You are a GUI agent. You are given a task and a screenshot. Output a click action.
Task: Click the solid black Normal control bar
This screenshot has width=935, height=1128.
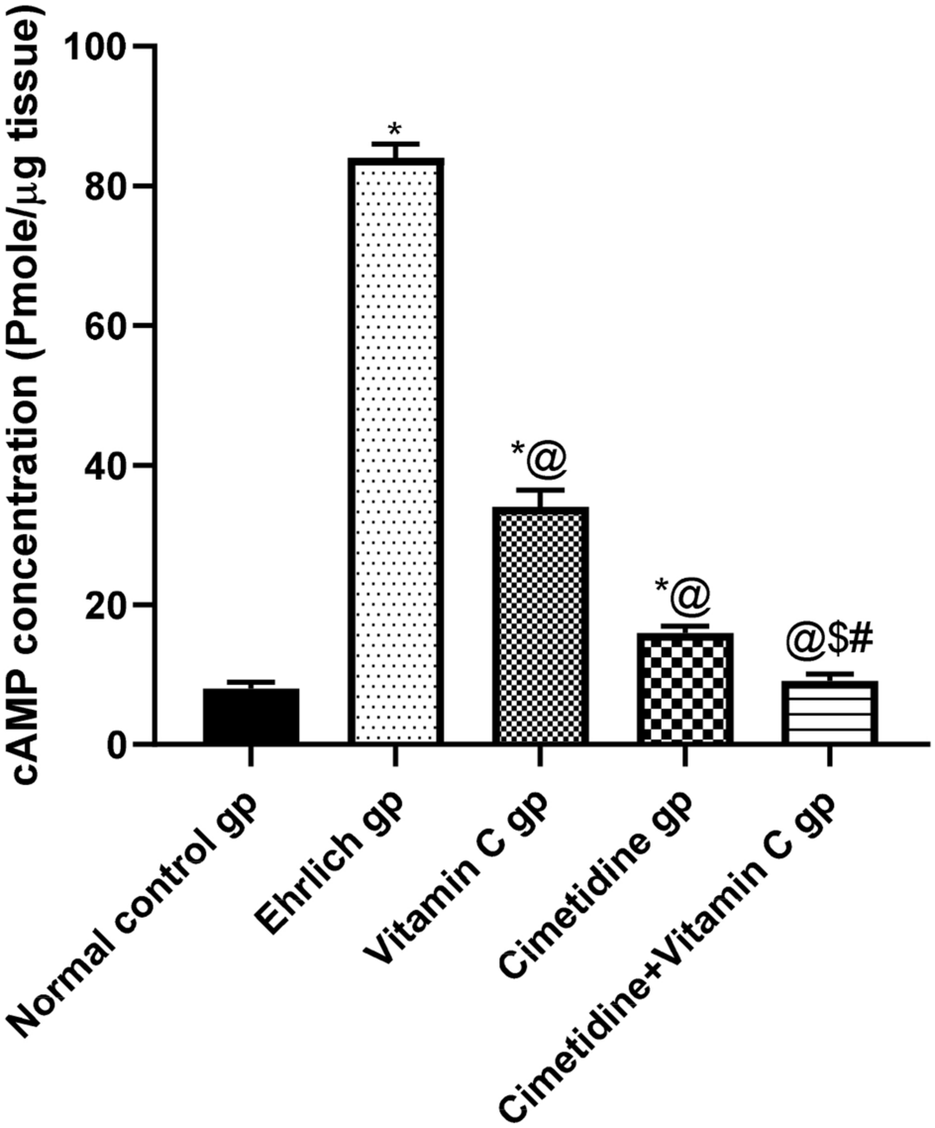tap(251, 716)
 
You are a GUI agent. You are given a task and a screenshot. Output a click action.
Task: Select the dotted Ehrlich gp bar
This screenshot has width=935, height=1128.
tap(395, 451)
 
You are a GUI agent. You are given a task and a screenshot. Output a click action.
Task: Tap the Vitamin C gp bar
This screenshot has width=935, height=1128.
tap(539, 624)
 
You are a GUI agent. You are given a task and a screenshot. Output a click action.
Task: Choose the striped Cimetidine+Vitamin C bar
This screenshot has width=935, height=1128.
tap(829, 712)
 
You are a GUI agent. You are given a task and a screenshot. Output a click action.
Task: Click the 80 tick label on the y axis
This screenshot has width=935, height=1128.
tap(109, 186)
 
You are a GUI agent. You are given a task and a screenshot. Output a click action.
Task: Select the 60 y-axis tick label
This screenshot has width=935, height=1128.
tap(109, 326)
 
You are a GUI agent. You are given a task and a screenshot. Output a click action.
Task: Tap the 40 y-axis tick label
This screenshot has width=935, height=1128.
tap(109, 466)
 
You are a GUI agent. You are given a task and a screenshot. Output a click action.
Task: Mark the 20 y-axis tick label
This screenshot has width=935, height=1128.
tap(109, 606)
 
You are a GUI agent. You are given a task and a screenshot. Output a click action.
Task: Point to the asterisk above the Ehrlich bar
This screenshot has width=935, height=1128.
tap(395, 130)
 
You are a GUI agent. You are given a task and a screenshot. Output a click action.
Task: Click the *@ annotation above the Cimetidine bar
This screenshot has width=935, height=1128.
tap(681, 595)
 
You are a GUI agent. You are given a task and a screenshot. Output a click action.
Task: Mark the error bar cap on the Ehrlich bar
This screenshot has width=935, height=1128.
tap(395, 144)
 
